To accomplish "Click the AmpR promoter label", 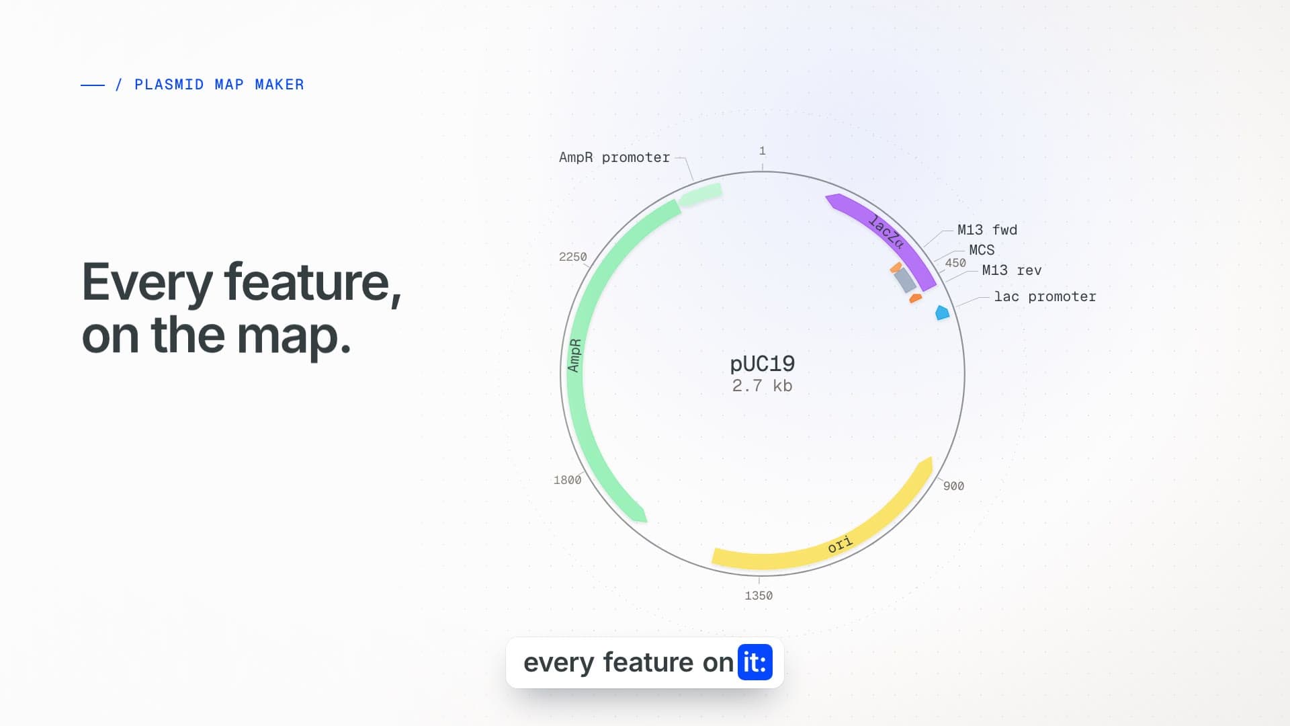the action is point(614,157).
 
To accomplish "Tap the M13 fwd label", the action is point(987,230).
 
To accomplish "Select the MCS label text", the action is point(982,250).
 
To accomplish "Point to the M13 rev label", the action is point(1012,270).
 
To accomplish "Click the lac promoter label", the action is point(1045,296).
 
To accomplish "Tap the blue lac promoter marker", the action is point(943,313).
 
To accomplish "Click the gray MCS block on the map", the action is point(905,280).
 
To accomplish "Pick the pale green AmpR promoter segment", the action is point(700,196).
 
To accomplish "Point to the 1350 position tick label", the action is point(759,596).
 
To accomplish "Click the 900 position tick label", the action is point(953,486).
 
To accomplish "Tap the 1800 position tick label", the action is point(567,480).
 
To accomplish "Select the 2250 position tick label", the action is point(572,257).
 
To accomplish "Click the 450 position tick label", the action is point(955,263).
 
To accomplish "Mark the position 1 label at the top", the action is point(763,151).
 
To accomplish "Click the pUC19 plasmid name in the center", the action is point(763,364).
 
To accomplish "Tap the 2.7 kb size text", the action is point(762,386).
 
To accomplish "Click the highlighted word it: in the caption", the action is point(755,663).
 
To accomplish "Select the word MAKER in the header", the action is point(279,85).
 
